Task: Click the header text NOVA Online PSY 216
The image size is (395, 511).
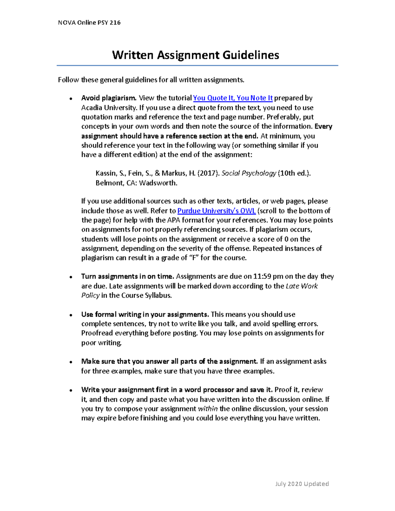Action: coord(89,23)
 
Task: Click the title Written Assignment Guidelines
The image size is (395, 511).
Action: coord(196,55)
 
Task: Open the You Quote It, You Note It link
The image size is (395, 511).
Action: coord(233,98)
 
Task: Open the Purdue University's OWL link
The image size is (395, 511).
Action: coord(216,211)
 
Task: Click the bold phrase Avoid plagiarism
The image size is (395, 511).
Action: coord(109,98)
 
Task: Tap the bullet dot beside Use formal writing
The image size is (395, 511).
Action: coord(71,315)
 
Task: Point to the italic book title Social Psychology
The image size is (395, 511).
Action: coord(249,173)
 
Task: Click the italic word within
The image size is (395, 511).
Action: coord(208,409)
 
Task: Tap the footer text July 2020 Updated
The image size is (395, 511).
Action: coord(302,484)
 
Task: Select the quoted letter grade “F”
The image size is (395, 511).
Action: coord(194,258)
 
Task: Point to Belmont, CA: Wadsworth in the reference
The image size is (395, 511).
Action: coord(136,183)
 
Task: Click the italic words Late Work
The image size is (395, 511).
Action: coord(302,286)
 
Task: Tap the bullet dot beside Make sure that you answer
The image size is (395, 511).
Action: coord(71,362)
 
